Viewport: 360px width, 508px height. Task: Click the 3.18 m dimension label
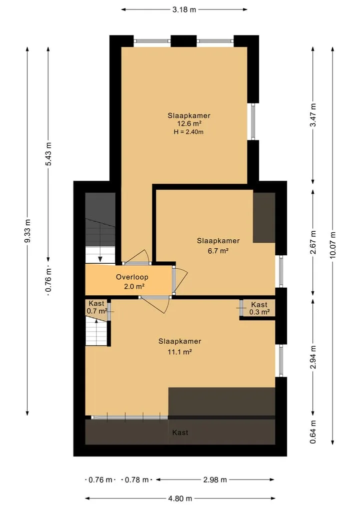click(184, 9)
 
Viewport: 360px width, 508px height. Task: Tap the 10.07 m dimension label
click(333, 245)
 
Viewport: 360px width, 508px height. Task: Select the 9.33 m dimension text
click(27, 231)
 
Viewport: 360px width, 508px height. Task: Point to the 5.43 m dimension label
click(48, 154)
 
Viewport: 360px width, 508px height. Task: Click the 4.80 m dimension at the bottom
click(180, 499)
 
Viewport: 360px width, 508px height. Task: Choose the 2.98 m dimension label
click(215, 480)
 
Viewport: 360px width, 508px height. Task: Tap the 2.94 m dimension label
click(313, 357)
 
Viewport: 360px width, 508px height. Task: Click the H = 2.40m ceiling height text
click(188, 132)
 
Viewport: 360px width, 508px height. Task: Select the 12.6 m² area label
click(189, 123)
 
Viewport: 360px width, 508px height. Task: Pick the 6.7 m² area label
click(218, 250)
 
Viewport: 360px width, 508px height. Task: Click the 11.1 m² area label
click(179, 352)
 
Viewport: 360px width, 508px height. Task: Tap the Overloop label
click(132, 277)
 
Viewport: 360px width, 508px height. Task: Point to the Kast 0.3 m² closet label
click(259, 308)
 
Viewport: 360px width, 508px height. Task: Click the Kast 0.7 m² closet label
click(96, 307)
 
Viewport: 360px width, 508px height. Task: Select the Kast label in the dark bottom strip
click(180, 433)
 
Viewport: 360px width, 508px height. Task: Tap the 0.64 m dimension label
click(313, 432)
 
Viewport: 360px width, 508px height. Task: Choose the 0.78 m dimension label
click(137, 480)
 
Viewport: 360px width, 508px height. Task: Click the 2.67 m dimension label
click(313, 242)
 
